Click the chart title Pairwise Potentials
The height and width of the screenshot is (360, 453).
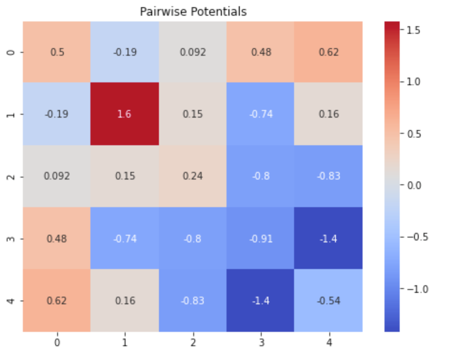[193, 11]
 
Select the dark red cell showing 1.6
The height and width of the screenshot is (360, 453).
[125, 114]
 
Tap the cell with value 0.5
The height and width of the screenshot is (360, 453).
[57, 52]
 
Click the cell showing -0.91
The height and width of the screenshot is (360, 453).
[261, 238]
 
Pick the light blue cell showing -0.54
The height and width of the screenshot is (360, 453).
[329, 300]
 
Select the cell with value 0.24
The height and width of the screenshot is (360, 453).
[193, 176]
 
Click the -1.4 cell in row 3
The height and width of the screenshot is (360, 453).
[329, 238]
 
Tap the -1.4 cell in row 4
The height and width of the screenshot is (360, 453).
[261, 300]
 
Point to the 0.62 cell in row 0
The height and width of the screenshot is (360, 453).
[329, 52]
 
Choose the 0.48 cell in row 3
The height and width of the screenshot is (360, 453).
[57, 238]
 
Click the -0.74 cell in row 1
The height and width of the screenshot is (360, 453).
[261, 114]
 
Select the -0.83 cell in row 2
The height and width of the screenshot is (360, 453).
[329, 176]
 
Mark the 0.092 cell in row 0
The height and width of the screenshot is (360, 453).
[193, 52]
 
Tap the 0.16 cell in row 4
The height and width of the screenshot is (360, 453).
[125, 300]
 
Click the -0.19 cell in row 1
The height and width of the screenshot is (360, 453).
[57, 114]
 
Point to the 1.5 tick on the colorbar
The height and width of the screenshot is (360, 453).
[412, 30]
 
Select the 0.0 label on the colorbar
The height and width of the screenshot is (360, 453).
[412, 185]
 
